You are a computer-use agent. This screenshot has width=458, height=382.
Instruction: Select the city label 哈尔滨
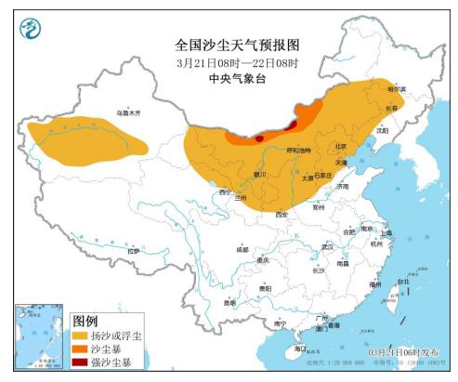click(397, 88)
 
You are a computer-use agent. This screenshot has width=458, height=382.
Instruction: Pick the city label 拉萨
click(133, 251)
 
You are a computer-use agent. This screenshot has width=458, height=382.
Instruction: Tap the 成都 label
click(242, 249)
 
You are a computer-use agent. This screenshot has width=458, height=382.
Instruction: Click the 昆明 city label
click(229, 302)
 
